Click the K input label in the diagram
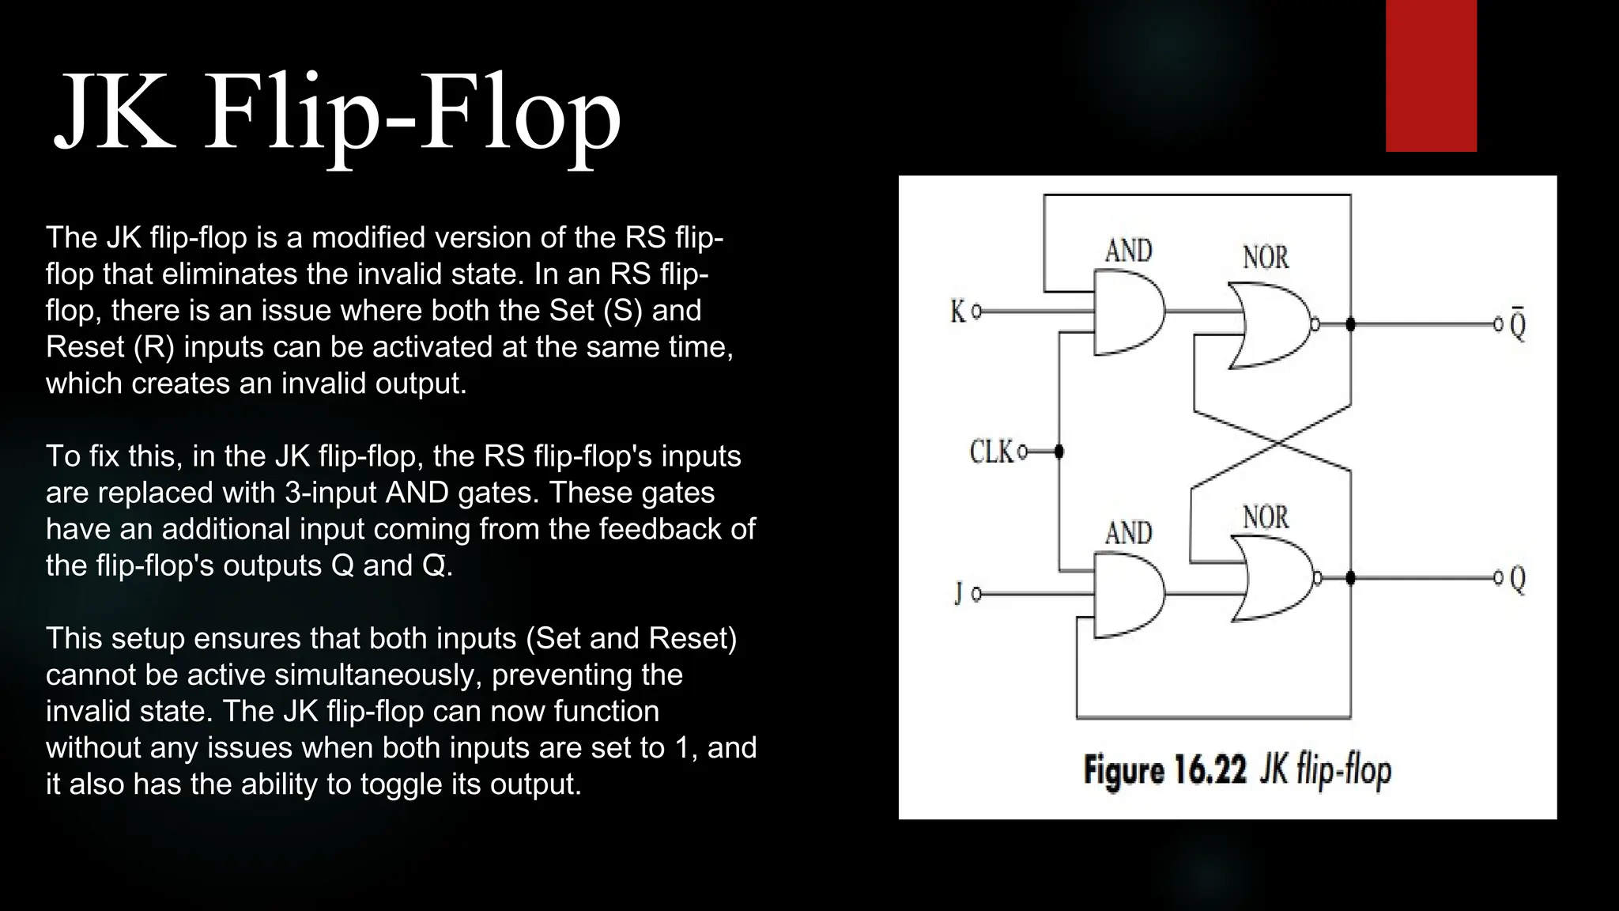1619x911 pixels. coord(958,312)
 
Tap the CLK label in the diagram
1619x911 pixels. coord(991,452)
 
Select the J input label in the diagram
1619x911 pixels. coord(959,593)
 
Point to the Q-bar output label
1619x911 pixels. coord(1518,324)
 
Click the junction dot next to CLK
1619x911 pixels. coord(1059,452)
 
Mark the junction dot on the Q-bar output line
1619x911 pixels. coord(1350,324)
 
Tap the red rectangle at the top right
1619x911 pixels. coord(1431,76)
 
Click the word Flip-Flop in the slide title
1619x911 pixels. coord(413,115)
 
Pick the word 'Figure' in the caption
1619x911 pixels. coord(1124,770)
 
